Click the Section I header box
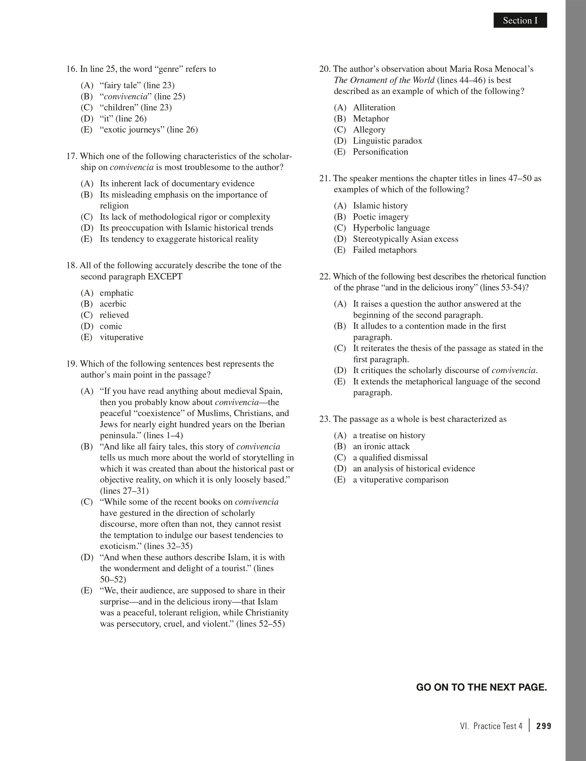(x=520, y=20)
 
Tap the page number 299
(x=544, y=726)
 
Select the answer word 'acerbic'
(x=113, y=304)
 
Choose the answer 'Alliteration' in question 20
(x=374, y=108)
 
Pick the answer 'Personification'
(x=380, y=152)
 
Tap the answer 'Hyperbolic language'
(x=391, y=228)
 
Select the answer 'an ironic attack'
(x=381, y=446)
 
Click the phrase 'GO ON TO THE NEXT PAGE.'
(x=481, y=687)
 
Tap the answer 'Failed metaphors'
(x=384, y=250)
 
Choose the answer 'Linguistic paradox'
(x=387, y=141)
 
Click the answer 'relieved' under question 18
(x=114, y=315)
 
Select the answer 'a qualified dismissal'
(x=390, y=458)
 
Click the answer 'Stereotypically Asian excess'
(x=406, y=239)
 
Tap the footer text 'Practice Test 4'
(x=497, y=726)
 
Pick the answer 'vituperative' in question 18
(x=121, y=337)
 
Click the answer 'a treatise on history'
(x=389, y=435)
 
